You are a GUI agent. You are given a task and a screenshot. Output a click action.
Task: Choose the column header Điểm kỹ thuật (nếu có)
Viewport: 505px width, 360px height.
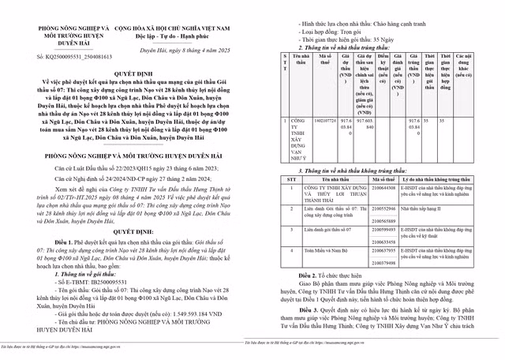383,69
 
